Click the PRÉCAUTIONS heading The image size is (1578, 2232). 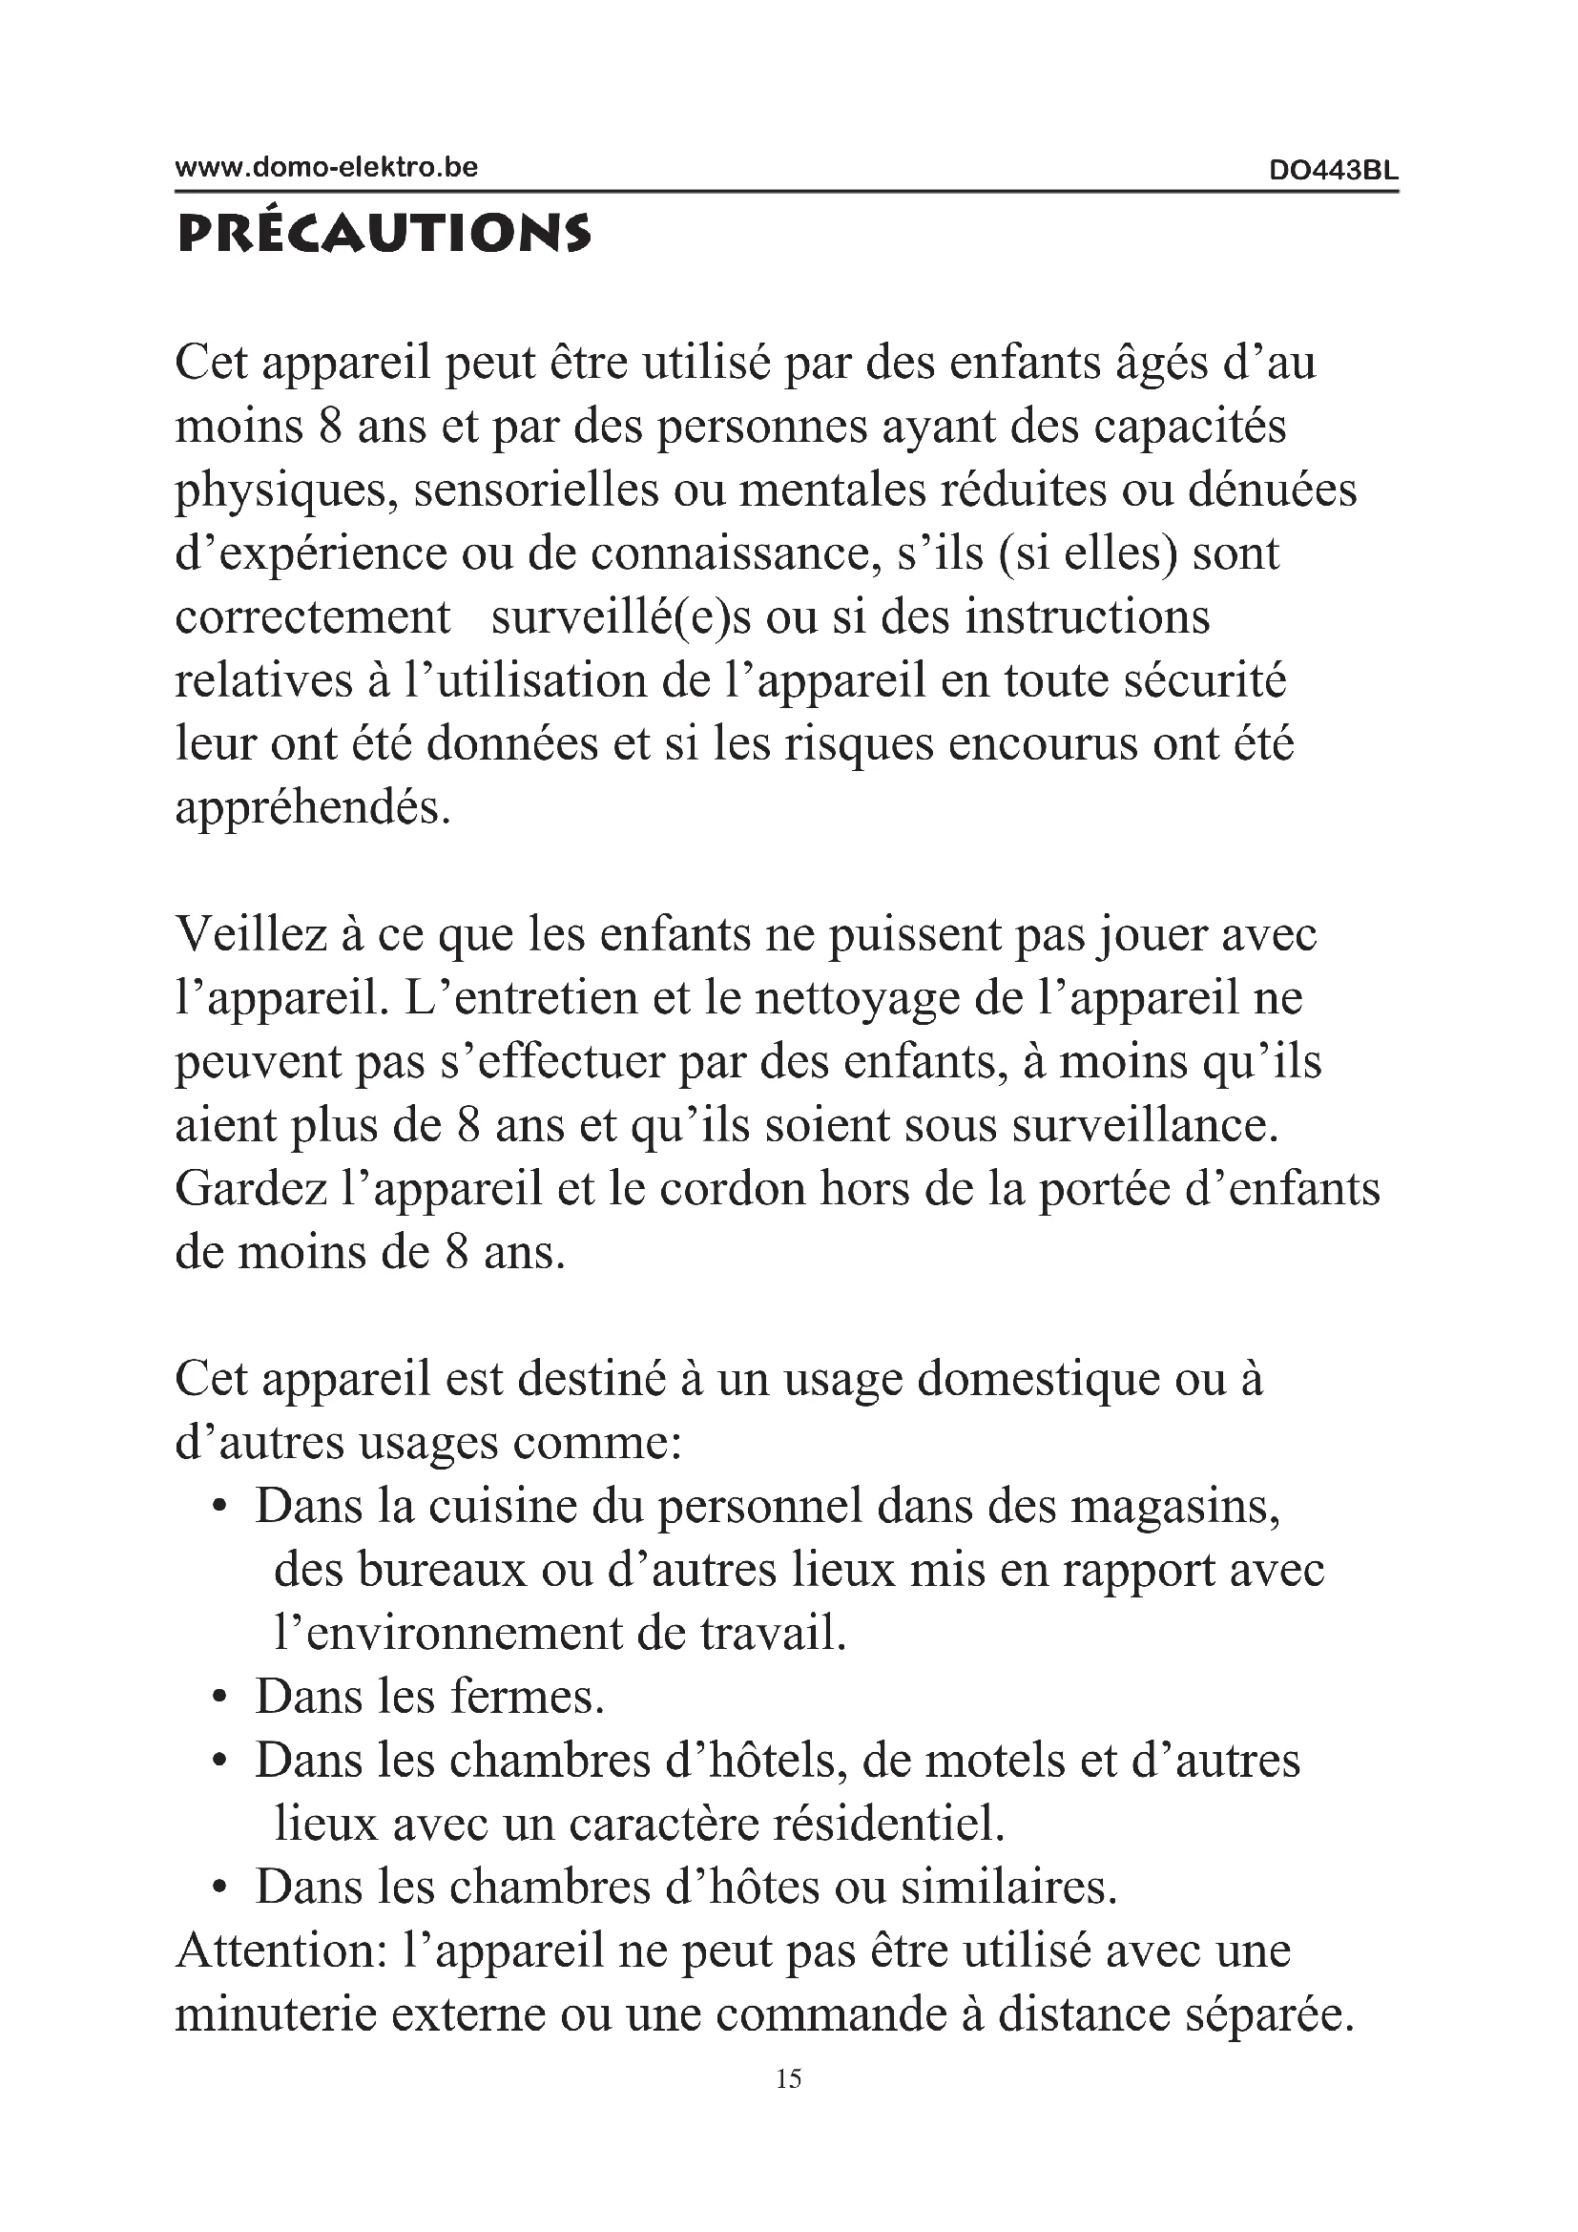(x=383, y=235)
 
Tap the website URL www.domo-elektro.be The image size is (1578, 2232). (x=326, y=167)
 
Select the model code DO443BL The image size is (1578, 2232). (x=1333, y=171)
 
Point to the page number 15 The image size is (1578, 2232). (x=789, y=2079)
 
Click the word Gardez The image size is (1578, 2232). (x=251, y=1189)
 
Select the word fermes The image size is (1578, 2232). (x=528, y=1698)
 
